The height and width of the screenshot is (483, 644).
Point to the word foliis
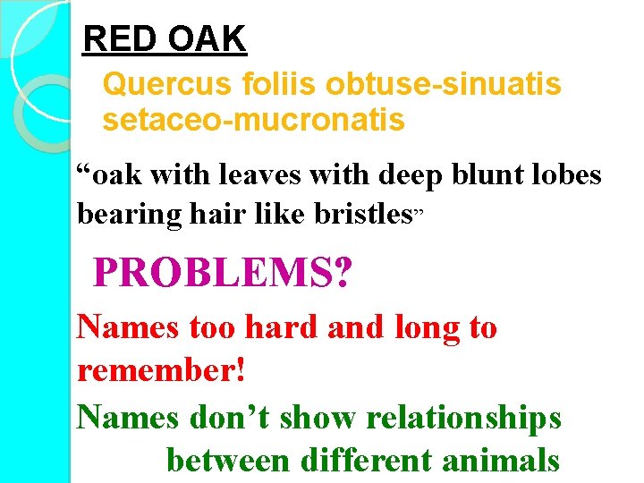click(x=274, y=85)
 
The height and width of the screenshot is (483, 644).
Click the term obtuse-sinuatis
click(x=444, y=85)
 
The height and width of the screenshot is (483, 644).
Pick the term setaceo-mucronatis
click(x=253, y=119)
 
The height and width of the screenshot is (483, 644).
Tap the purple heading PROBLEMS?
click(x=222, y=273)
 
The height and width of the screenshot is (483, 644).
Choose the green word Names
click(x=128, y=418)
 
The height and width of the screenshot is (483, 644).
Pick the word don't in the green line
click(x=227, y=418)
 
